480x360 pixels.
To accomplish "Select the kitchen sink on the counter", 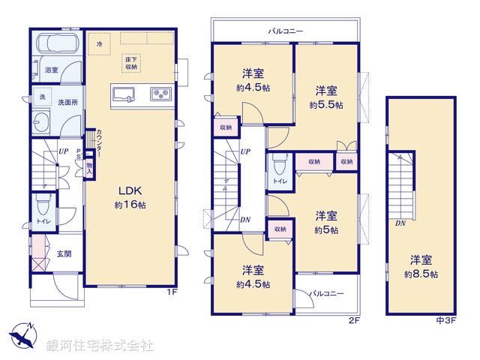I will click(x=124, y=94).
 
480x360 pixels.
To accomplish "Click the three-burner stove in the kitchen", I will click(x=160, y=94).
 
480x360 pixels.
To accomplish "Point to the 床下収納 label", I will click(x=131, y=63).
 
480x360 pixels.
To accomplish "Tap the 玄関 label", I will click(x=63, y=253).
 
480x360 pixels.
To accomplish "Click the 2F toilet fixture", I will click(x=278, y=165).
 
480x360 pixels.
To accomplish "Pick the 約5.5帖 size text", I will click(x=326, y=106).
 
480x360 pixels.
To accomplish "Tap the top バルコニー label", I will click(x=286, y=31).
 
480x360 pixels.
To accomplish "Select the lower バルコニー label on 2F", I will click(x=327, y=293).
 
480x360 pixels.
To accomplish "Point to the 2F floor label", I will click(x=355, y=321).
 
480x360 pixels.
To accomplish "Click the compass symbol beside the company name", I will click(x=22, y=337).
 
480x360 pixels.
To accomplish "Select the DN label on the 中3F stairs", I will click(x=401, y=223).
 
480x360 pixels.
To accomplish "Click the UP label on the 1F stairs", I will click(x=64, y=152).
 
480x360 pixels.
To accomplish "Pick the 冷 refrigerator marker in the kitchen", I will click(x=100, y=45).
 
